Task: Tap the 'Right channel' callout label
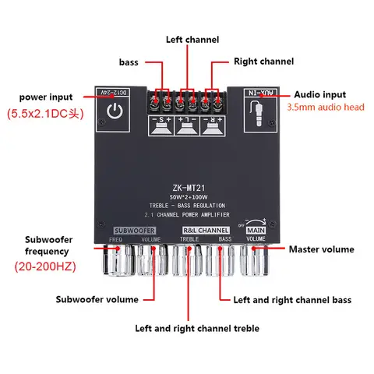pyautogui.click(x=263, y=61)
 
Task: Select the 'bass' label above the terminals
pyautogui.click(x=130, y=61)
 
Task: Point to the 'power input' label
pyautogui.click(x=48, y=97)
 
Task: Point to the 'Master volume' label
pyautogui.click(x=321, y=249)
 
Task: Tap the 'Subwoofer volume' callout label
pyautogui.click(x=97, y=299)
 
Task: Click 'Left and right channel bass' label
pyautogui.click(x=292, y=299)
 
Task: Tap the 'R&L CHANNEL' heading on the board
pyautogui.click(x=205, y=231)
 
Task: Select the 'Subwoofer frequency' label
pyautogui.click(x=46, y=245)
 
